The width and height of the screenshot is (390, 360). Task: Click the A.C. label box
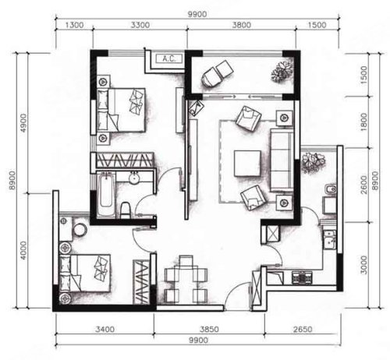coord(169,58)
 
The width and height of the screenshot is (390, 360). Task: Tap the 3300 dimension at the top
coord(140,25)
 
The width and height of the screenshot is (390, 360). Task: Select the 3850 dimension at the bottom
coord(209,329)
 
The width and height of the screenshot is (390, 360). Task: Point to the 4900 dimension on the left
coord(23,123)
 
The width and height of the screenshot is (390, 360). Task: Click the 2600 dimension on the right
coord(363,185)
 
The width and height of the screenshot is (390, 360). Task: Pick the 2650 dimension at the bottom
coord(303,329)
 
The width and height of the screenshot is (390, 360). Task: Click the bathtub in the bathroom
coord(106,193)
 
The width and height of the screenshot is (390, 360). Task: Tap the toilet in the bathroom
coord(126,210)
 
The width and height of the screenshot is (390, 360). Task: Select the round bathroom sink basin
coord(134,178)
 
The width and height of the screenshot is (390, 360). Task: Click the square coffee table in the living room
coord(247,164)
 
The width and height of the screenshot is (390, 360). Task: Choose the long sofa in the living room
coord(282,160)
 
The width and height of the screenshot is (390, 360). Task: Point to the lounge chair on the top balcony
coord(217,72)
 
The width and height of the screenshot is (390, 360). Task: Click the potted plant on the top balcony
coord(282,72)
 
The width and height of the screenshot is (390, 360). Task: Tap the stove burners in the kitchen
coord(302,277)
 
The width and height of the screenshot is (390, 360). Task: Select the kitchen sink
coord(329,240)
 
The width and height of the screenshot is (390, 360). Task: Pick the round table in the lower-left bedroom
coord(80,230)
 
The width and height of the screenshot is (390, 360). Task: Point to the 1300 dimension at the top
coord(74,25)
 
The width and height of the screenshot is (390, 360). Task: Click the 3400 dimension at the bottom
coord(105,329)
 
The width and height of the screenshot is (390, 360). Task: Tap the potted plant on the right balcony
coord(314,163)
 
